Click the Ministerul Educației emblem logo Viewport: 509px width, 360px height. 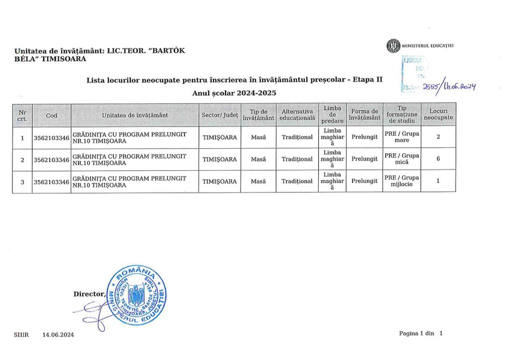point(393,46)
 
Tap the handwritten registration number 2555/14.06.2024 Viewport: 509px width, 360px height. point(449,87)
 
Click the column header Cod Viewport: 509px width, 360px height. point(52,115)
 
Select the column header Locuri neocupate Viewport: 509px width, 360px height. point(438,115)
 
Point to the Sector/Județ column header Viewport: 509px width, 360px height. point(220,115)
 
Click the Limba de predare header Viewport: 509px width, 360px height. point(332,115)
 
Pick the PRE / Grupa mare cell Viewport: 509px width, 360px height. point(402,137)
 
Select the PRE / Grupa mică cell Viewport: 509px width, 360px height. point(402,159)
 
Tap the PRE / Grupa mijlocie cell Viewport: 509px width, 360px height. point(402,181)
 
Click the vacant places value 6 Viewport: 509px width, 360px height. point(438,159)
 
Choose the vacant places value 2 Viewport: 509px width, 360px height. point(438,137)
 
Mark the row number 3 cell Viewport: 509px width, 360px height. point(22,181)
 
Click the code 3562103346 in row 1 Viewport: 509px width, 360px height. point(52,137)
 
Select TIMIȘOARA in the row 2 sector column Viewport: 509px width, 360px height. point(220,159)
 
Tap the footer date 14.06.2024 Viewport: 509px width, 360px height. point(58,335)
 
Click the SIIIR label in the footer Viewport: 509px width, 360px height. point(21,335)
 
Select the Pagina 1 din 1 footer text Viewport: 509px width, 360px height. point(420,334)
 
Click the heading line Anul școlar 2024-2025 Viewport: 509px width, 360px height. point(234,93)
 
